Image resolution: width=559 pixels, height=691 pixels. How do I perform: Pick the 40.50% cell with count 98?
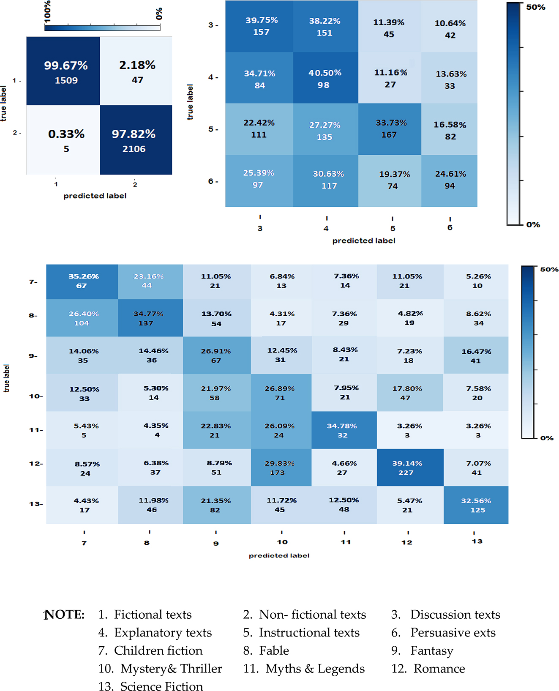coord(325,78)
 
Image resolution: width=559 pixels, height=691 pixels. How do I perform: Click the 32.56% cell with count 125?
coord(476,505)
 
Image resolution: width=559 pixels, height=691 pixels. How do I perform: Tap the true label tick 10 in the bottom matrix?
coord(34,396)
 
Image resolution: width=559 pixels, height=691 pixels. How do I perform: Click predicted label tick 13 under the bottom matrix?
coord(477,541)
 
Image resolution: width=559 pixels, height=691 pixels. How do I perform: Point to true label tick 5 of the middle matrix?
coord(211,129)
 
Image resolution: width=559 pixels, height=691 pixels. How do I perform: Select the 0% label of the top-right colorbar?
coord(533,225)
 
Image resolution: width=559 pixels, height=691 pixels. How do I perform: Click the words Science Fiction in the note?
coord(161,686)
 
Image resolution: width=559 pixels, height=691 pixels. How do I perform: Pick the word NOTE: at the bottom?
coord(65,615)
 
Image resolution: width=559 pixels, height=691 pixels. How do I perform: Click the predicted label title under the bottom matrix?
coord(279,555)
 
